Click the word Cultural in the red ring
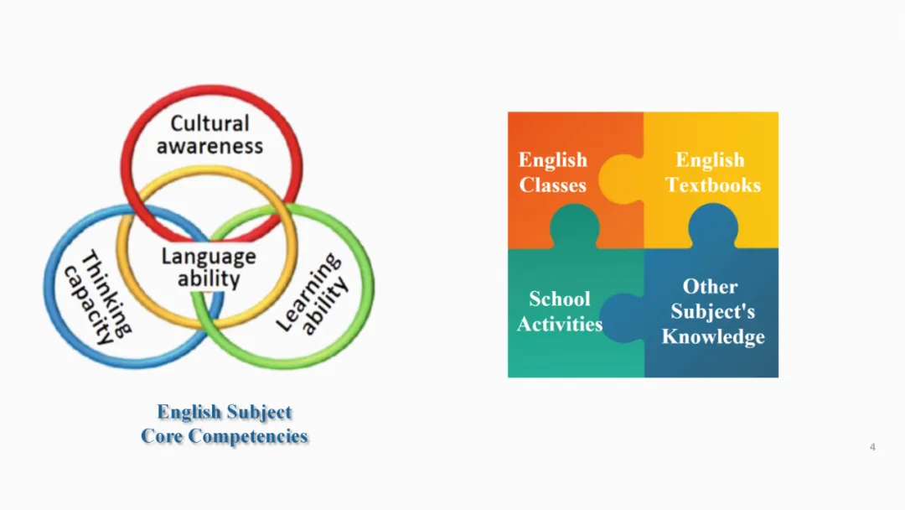click(x=209, y=123)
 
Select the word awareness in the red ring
click(x=209, y=145)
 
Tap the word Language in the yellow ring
click(x=209, y=256)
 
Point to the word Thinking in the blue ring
click(x=106, y=290)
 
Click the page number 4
click(x=872, y=447)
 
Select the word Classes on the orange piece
click(x=552, y=185)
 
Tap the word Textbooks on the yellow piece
click(x=713, y=185)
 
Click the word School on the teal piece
click(x=559, y=299)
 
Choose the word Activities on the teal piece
click(x=559, y=324)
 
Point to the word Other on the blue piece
click(x=710, y=286)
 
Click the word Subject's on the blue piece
click(x=712, y=311)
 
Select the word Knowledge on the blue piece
click(x=713, y=336)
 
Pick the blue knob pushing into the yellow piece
click(x=713, y=225)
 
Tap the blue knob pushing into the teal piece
click(x=622, y=316)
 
